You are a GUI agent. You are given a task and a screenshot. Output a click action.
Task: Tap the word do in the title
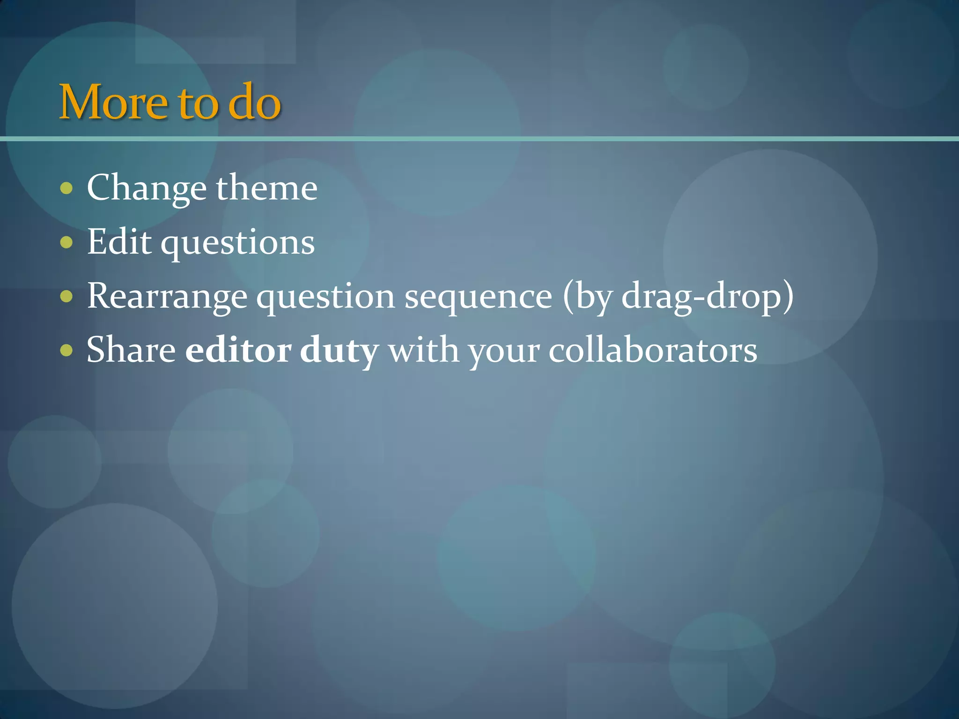pos(254,102)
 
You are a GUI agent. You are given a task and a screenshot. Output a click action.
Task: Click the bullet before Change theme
pos(67,189)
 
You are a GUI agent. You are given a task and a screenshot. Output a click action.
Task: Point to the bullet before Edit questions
pos(67,242)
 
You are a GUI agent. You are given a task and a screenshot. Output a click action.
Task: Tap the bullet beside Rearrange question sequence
pos(67,296)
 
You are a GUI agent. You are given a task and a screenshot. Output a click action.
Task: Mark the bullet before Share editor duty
pos(67,350)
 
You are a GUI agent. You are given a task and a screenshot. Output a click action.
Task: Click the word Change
pos(147,189)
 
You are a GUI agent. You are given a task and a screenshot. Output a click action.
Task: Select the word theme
pos(266,188)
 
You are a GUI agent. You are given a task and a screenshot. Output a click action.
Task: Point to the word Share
pos(131,350)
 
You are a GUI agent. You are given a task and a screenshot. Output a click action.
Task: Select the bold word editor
pos(238,350)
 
